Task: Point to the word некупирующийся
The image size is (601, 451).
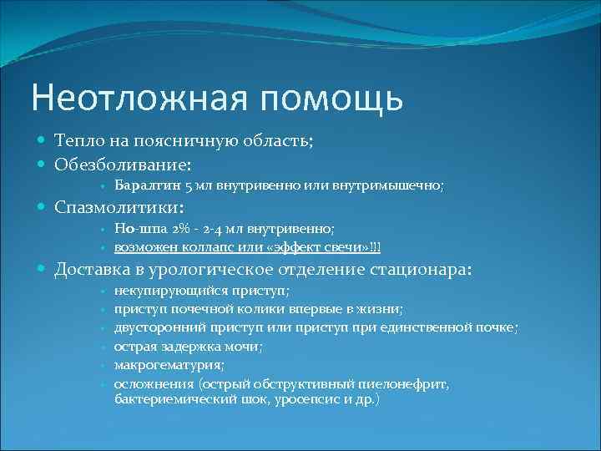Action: (172, 291)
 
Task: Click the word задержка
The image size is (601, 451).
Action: (190, 346)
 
